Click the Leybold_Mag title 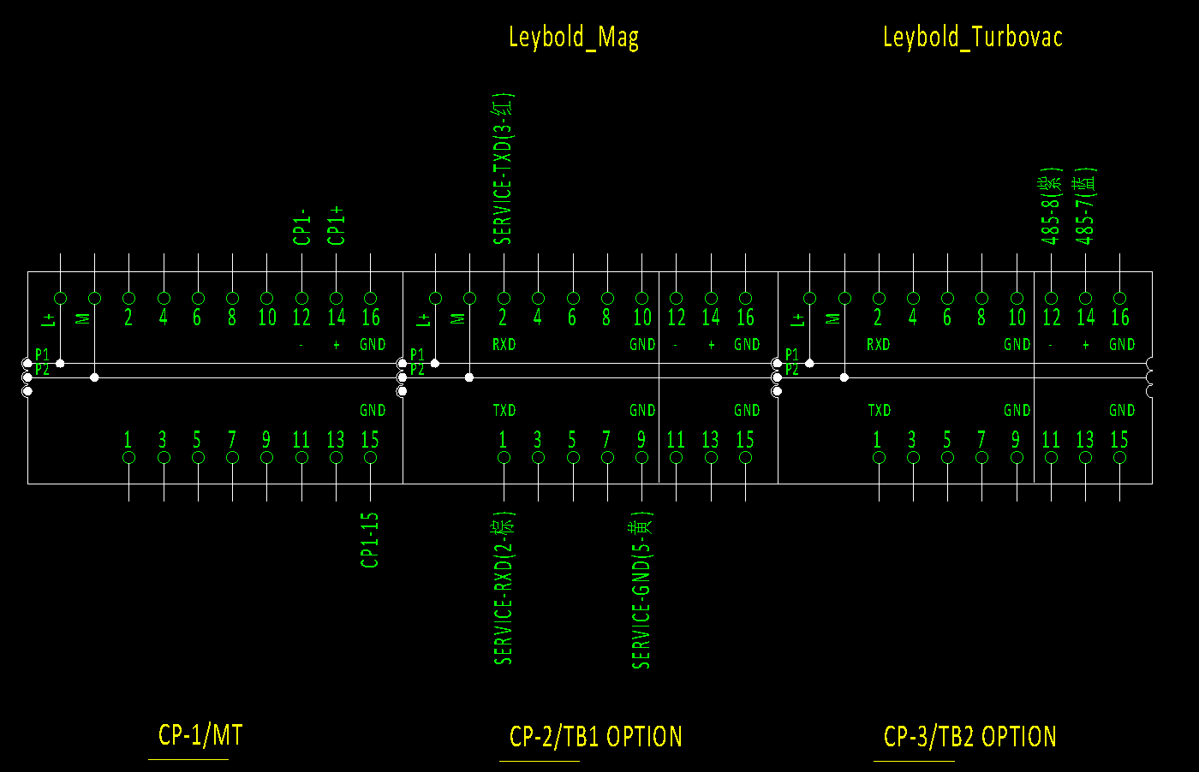(573, 38)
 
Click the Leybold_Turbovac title (972, 38)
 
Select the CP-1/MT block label (200, 735)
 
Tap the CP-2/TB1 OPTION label (595, 737)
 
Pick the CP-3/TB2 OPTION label (969, 737)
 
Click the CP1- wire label (301, 227)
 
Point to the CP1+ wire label (337, 225)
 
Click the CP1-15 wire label (370, 540)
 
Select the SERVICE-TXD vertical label (503, 169)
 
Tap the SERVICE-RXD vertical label (504, 589)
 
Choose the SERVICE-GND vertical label (641, 591)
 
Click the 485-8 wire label (1051, 206)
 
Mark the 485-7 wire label (1085, 206)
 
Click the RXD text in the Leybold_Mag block (504, 345)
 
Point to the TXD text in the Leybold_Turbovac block (879, 411)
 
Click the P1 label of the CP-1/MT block (42, 354)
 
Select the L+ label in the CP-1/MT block (49, 319)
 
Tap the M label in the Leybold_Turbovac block (833, 319)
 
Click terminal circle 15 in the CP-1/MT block (370, 458)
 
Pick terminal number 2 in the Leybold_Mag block (503, 318)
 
